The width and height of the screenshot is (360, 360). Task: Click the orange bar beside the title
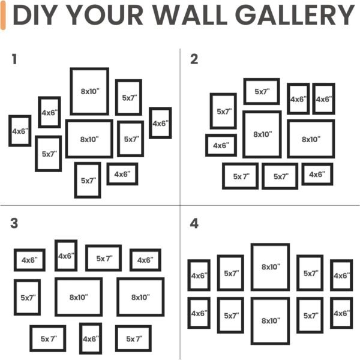point(4,16)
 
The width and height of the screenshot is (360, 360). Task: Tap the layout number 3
point(14,224)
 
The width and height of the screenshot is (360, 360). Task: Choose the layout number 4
point(194,224)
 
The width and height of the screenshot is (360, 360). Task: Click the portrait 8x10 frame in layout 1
point(89,91)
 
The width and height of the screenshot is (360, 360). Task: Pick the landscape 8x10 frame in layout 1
point(89,139)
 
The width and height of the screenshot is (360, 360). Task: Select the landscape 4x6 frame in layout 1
point(122,174)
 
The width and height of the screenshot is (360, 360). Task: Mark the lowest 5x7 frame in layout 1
point(88,180)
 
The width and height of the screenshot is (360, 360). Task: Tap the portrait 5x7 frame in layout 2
point(223,111)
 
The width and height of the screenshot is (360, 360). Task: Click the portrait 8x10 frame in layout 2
point(262,134)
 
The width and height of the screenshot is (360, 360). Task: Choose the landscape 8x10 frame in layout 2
point(311,139)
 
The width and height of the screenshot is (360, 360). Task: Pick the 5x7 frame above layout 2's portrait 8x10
point(262,91)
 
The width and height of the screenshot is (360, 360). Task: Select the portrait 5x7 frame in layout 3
point(28,297)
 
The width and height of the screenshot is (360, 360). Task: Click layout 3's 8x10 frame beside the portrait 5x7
point(79,297)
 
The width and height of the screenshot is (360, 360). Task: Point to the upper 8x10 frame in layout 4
point(270,267)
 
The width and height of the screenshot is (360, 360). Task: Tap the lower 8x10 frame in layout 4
point(270,321)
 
